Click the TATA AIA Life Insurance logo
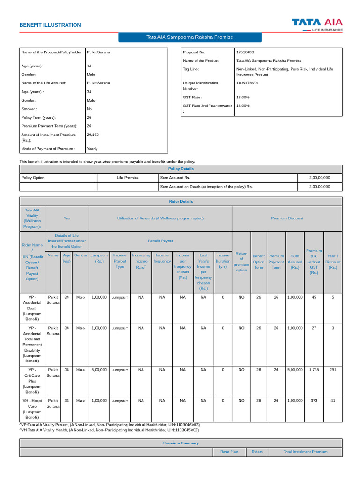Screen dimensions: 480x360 [317, 24]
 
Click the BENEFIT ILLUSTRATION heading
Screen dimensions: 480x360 [50, 25]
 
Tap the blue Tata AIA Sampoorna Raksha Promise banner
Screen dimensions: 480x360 [189, 37]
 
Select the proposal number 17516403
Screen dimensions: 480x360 [245, 52]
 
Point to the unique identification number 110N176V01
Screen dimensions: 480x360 [247, 83]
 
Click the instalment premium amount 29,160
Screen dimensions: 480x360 [93, 135]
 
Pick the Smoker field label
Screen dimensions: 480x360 [29, 109]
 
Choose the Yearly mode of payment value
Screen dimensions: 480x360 [92, 149]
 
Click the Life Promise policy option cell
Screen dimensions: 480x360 [127, 178]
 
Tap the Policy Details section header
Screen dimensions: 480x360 [180, 169]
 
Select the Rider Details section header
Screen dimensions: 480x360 [180, 201]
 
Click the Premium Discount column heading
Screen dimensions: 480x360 [287, 218]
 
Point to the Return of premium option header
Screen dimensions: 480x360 [241, 262]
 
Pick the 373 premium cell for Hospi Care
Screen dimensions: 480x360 [314, 401]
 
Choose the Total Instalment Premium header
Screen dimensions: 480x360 [306, 452]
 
